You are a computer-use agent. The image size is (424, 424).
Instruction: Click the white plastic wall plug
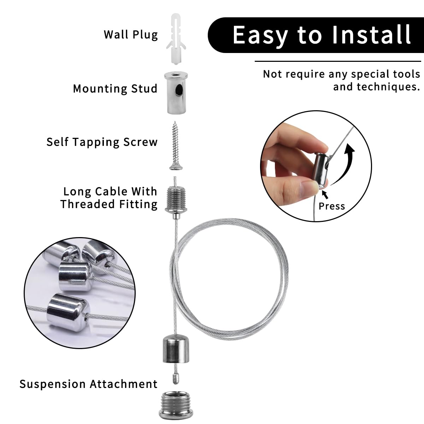click(176, 39)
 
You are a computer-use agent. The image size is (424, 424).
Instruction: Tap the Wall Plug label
click(131, 35)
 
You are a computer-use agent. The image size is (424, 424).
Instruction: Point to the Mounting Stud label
click(115, 89)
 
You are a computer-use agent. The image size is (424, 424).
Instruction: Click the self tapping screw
click(176, 146)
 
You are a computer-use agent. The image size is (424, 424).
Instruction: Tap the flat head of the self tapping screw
click(176, 166)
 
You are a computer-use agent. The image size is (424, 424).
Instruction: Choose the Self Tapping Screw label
click(102, 142)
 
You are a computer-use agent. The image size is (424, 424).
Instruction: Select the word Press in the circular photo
click(332, 206)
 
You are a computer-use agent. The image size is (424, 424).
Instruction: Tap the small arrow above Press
click(325, 194)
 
